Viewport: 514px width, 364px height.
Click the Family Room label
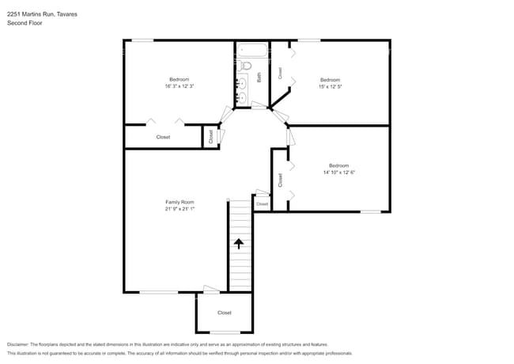tap(180, 202)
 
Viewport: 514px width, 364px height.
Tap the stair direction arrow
tap(239, 244)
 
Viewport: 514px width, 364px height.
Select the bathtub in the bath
tap(251, 50)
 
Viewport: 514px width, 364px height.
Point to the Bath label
tap(259, 78)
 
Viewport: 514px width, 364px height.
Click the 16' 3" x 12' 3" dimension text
tap(180, 86)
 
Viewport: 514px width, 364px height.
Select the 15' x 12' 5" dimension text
tap(330, 86)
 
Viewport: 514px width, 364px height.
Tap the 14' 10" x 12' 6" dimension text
tap(339, 173)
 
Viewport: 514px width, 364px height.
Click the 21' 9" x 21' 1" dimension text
tap(180, 209)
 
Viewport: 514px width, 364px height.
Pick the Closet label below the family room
tap(225, 313)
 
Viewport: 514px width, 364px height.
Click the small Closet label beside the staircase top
tap(263, 204)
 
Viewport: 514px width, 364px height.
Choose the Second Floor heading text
tap(25, 23)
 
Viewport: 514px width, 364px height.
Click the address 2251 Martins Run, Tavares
tap(42, 14)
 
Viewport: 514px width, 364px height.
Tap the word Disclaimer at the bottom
tap(18, 344)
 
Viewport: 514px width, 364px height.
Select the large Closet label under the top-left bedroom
tap(163, 137)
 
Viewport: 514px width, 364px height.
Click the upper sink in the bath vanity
tap(242, 84)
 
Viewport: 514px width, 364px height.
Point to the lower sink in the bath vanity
tap(242, 97)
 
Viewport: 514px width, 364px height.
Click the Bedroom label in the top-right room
tap(330, 80)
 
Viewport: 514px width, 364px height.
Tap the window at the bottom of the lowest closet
tap(225, 332)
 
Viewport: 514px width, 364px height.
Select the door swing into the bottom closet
tap(211, 290)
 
